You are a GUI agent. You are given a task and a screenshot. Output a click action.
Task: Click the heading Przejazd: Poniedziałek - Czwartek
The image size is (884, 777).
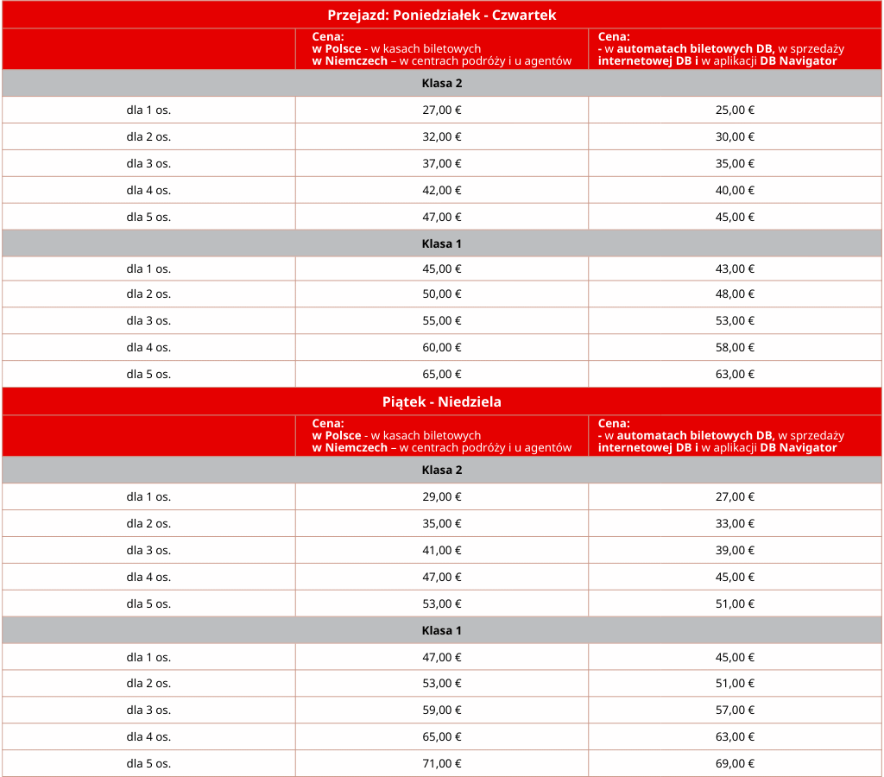(441, 15)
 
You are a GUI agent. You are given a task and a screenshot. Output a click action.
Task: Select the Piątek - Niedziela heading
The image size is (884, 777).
(441, 401)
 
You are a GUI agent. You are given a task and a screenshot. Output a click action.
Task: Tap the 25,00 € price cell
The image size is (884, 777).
(735, 110)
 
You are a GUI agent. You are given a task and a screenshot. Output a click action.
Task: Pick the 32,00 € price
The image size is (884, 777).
(441, 136)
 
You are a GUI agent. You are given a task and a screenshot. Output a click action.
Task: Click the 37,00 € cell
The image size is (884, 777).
(441, 163)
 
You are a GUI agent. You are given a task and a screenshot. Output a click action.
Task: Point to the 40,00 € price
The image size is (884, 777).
(735, 190)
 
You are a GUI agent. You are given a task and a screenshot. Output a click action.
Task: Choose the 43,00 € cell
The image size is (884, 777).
(735, 268)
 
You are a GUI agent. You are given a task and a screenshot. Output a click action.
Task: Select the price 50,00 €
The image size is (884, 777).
(441, 294)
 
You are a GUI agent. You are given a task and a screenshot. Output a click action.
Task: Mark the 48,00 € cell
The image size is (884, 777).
(735, 294)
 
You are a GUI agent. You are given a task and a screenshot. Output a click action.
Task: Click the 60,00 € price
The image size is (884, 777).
(441, 347)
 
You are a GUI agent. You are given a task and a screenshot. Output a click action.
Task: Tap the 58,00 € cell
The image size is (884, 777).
(735, 347)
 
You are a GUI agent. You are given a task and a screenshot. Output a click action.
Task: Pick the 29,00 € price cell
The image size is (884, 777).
(441, 496)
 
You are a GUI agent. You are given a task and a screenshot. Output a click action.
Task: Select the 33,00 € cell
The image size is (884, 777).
(735, 523)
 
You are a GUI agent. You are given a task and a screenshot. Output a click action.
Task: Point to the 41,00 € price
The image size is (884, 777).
(441, 550)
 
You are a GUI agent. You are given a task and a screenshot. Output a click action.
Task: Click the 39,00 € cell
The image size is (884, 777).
(735, 550)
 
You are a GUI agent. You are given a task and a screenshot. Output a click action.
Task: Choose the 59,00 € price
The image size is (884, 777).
(441, 710)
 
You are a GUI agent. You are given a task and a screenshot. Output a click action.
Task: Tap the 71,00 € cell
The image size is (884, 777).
(441, 763)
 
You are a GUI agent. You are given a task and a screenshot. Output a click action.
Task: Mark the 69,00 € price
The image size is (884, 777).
(735, 763)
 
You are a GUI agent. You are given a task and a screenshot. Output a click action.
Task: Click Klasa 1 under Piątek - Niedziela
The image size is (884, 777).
(441, 630)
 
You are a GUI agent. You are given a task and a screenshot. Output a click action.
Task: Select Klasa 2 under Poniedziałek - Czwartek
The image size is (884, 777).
(441, 83)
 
